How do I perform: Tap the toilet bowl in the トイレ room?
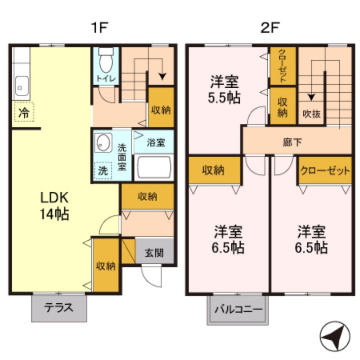click(x=106, y=63)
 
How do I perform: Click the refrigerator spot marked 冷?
click(x=23, y=112)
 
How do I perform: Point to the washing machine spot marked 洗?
click(x=103, y=171)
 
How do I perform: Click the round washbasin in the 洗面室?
click(x=103, y=144)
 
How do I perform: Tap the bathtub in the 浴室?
click(x=154, y=167)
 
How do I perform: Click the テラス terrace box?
click(x=59, y=308)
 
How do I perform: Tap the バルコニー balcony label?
click(x=238, y=310)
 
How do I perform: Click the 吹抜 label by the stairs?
click(x=311, y=113)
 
